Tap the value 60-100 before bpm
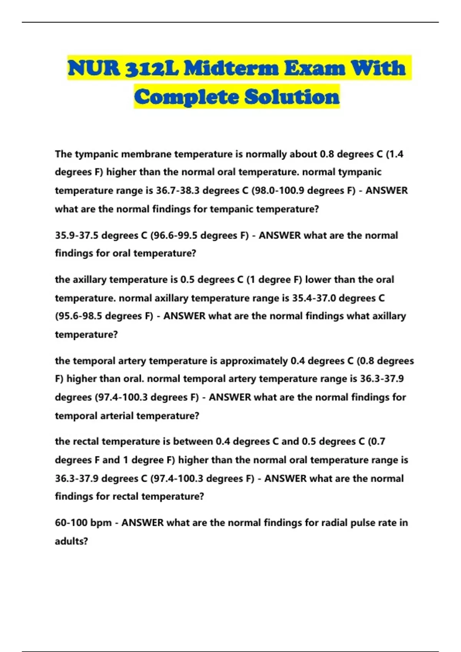click(x=71, y=523)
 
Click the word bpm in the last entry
click(x=101, y=523)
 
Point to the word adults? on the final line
click(x=71, y=541)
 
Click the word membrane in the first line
click(x=146, y=154)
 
